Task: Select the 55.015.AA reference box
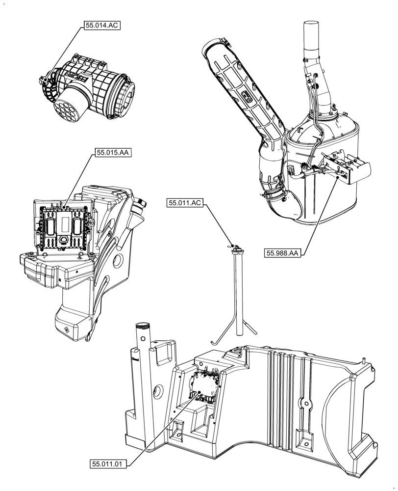pos(113,153)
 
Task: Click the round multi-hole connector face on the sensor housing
pos(65,110)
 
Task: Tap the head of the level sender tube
pos(235,248)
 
